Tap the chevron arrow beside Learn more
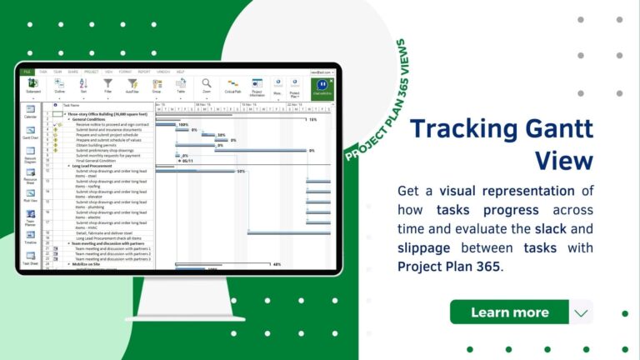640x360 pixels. pyautogui.click(x=582, y=312)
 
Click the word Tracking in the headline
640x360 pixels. pyautogui.click(x=472, y=130)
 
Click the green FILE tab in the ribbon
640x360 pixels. pyautogui.click(x=27, y=72)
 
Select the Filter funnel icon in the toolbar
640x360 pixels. pyautogui.click(x=107, y=83)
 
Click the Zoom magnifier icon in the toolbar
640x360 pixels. pyautogui.click(x=206, y=83)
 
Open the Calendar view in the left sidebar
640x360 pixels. pyautogui.click(x=30, y=111)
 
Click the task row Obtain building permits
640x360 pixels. pyautogui.click(x=101, y=145)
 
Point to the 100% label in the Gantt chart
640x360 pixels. pyautogui.click(x=183, y=125)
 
